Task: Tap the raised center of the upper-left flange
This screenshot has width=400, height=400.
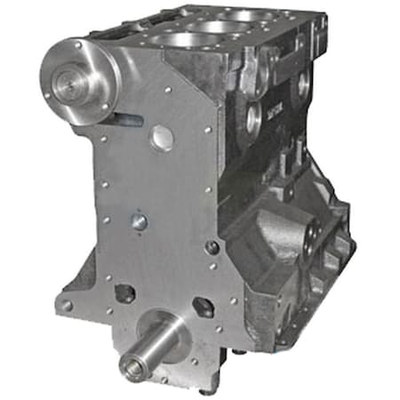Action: coord(66,85)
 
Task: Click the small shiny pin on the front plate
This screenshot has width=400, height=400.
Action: coord(139,221)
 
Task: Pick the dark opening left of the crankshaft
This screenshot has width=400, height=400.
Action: coord(125,292)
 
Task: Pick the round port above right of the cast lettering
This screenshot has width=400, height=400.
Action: coord(301,85)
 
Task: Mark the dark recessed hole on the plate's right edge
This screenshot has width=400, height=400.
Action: coord(212,248)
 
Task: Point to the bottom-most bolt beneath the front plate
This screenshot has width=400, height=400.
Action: coord(206,389)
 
